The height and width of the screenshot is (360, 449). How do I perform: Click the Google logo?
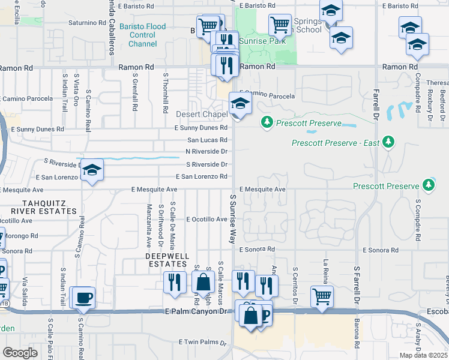point(20,353)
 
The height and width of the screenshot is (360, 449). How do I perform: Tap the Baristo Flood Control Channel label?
point(142,35)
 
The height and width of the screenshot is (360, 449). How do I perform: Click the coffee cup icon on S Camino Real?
point(83,298)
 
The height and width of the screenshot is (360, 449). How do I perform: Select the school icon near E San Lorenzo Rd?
point(92,170)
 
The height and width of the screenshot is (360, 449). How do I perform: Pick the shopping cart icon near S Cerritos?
point(322,296)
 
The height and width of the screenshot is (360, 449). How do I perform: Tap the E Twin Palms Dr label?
point(203,342)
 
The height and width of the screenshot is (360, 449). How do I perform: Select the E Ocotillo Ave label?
point(206,220)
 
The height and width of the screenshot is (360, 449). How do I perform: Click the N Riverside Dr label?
point(206,151)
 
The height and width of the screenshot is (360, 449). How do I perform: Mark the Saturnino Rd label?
point(87,23)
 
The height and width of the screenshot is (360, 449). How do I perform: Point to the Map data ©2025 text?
point(423,355)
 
